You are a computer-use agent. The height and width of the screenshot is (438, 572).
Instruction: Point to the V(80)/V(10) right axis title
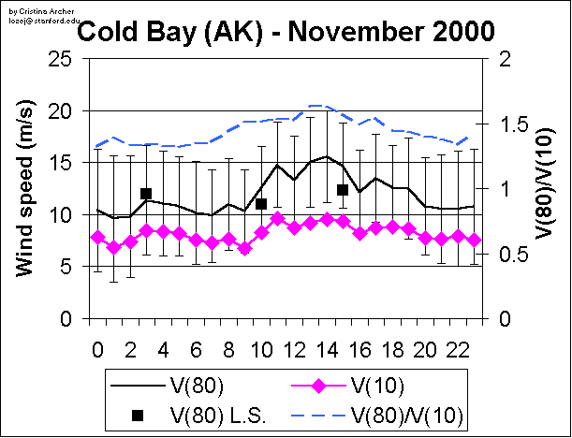(x=543, y=188)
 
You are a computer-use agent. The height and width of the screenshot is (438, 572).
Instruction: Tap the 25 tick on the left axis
(x=63, y=58)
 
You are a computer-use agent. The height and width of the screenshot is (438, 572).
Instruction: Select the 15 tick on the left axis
(x=63, y=163)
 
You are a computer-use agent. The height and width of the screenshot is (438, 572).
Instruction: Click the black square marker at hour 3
(x=146, y=194)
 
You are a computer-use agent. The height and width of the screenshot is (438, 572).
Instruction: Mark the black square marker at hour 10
(x=261, y=204)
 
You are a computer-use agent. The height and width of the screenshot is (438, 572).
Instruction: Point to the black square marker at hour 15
(x=343, y=190)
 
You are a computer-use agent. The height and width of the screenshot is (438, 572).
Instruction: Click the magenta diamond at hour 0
(x=97, y=238)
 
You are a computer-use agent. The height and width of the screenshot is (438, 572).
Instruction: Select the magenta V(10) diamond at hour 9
(x=244, y=249)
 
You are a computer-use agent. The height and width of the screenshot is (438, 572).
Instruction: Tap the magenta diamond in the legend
(x=315, y=386)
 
